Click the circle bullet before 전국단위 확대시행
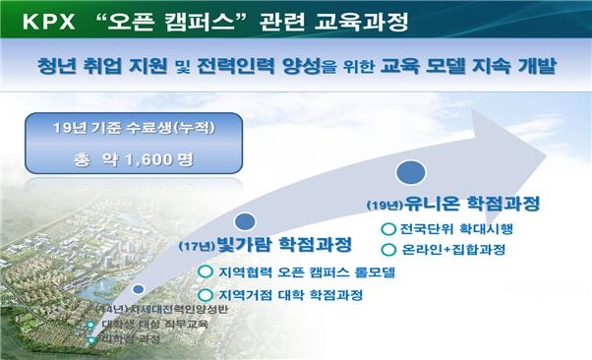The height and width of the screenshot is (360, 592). (387, 230)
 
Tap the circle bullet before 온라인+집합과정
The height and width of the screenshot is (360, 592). (387, 250)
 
